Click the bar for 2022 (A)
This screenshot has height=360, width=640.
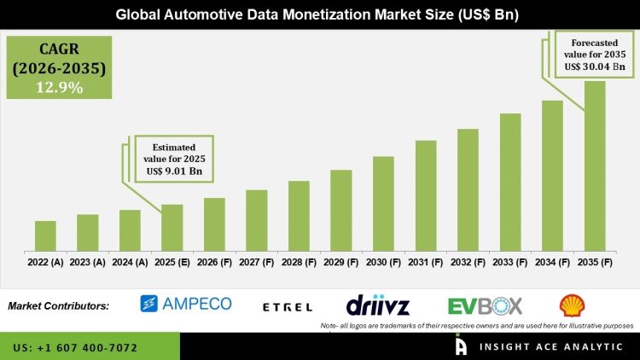point(45,235)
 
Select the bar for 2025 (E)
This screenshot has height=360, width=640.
point(172,228)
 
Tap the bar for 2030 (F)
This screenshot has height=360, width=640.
point(383,204)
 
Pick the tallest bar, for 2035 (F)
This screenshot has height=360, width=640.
point(594,166)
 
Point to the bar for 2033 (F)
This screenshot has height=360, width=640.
point(509,183)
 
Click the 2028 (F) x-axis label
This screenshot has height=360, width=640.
point(299,262)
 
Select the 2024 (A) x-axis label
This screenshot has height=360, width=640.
point(130,262)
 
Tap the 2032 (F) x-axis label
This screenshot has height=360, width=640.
point(468,262)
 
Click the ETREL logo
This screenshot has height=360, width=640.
point(287,305)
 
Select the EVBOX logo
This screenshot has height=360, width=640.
point(485,305)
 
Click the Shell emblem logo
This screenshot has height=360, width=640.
point(572,305)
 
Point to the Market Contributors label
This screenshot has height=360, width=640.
point(58,305)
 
